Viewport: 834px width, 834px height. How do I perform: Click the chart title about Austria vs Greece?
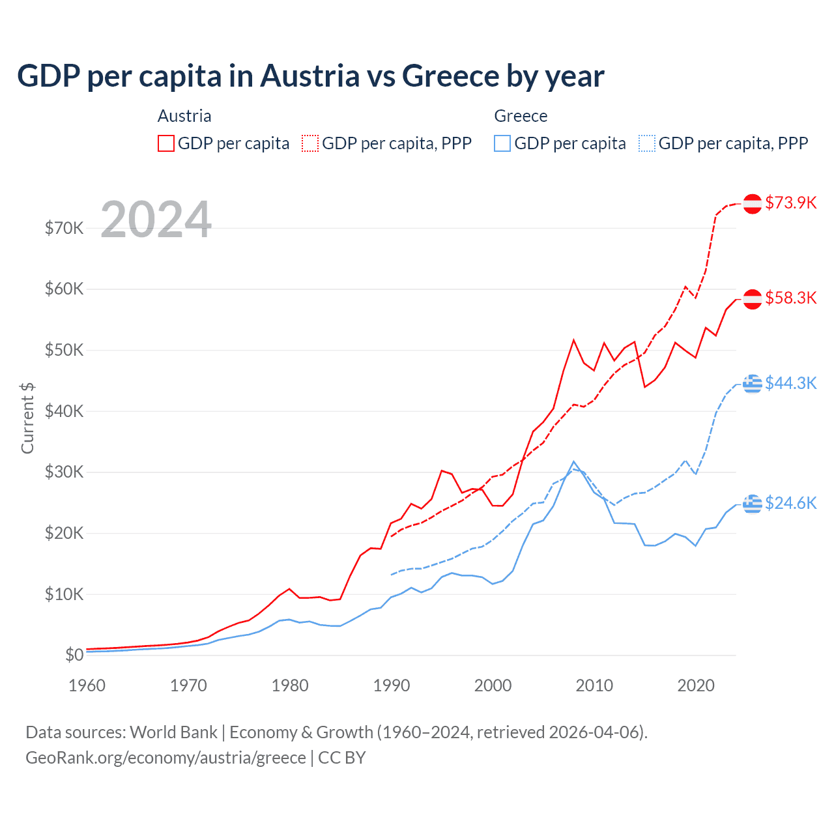310,76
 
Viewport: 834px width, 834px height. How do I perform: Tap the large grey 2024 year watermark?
156,220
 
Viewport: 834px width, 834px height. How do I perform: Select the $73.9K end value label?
790,203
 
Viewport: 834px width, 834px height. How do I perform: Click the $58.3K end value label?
790,298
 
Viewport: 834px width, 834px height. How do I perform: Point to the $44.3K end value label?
790,383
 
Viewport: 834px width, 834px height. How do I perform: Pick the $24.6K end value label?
790,503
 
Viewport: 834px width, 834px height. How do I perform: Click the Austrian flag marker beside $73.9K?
753,203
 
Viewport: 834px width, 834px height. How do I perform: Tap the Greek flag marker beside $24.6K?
753,503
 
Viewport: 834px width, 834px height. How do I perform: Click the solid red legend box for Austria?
166,143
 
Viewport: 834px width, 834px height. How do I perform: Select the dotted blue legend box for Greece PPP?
646,143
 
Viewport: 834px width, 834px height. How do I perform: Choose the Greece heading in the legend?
521,116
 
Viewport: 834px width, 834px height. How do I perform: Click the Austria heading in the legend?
184,116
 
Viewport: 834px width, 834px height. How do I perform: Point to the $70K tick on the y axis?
64,228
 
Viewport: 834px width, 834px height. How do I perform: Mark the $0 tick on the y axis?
74,655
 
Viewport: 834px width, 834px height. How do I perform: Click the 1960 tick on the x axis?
87,685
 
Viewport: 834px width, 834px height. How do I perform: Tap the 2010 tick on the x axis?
594,685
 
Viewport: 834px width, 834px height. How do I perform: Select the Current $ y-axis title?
27,418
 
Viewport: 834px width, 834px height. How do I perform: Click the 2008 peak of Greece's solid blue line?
573,462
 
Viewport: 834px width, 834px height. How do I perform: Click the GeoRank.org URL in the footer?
165,758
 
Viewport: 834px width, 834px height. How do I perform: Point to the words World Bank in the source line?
173,732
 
